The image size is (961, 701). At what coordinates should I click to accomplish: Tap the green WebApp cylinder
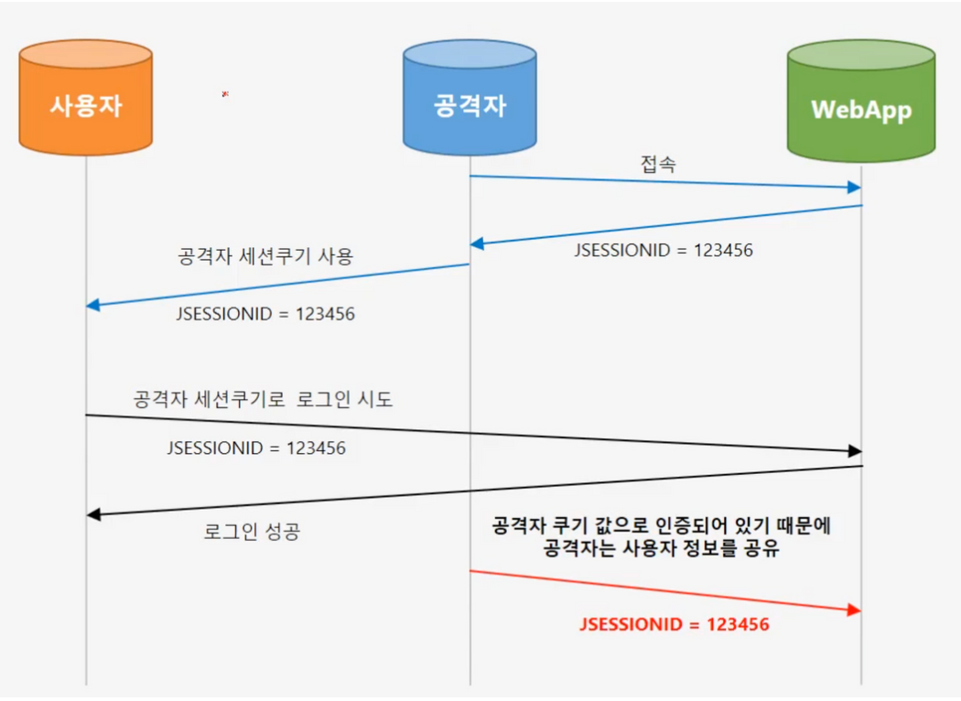click(860, 108)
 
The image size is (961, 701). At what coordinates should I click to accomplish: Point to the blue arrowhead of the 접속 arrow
click(854, 188)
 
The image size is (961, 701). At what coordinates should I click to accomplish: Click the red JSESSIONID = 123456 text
click(675, 625)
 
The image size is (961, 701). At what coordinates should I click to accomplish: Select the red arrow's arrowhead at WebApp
click(854, 610)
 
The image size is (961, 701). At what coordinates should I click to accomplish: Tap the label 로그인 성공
click(252, 532)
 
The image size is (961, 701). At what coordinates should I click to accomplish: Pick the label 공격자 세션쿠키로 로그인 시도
click(263, 399)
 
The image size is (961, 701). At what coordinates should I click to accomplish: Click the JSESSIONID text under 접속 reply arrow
click(664, 250)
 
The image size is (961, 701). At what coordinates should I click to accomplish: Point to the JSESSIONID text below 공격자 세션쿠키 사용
click(265, 314)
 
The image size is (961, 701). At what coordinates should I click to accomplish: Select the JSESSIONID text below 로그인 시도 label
click(256, 449)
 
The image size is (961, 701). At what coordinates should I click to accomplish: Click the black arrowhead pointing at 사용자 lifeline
click(93, 514)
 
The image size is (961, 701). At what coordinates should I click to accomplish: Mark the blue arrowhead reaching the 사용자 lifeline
click(93, 305)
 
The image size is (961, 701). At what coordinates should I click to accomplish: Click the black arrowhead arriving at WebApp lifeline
click(854, 451)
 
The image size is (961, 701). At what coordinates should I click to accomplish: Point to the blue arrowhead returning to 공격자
click(477, 243)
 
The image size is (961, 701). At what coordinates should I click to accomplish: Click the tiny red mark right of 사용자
click(225, 93)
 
